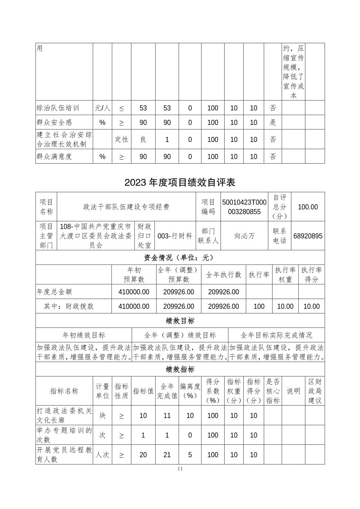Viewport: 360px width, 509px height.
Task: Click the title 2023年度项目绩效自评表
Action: tap(180, 182)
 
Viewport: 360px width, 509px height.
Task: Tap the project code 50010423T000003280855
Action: tap(244, 207)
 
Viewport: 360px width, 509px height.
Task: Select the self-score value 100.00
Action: tap(308, 207)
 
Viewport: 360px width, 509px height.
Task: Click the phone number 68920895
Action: tap(308, 236)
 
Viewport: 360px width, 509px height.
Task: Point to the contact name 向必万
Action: tap(244, 236)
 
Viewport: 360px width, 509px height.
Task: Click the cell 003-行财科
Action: tap(175, 236)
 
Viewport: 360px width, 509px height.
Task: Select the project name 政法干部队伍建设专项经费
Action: tap(126, 207)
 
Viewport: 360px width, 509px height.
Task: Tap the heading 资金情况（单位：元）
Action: tap(180, 258)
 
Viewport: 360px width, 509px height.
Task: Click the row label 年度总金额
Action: tap(54, 292)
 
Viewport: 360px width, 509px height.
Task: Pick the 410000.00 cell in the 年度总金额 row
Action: tap(134, 292)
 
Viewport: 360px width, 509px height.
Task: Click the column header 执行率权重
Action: tap(285, 275)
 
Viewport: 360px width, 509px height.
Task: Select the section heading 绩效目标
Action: tap(180, 321)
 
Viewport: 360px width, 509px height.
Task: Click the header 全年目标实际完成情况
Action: tap(276, 335)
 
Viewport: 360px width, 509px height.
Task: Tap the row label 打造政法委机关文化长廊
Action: tap(64, 415)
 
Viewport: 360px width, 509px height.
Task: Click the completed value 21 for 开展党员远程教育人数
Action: tap(167, 455)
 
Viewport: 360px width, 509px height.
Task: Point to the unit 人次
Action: tap(102, 455)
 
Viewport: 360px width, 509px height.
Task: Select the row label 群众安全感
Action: tap(54, 123)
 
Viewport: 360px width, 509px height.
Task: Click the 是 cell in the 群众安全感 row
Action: tap(273, 123)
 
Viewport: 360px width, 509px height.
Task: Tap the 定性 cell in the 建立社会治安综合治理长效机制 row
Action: tap(121, 139)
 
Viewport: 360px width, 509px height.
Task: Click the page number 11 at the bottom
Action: tap(180, 469)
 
